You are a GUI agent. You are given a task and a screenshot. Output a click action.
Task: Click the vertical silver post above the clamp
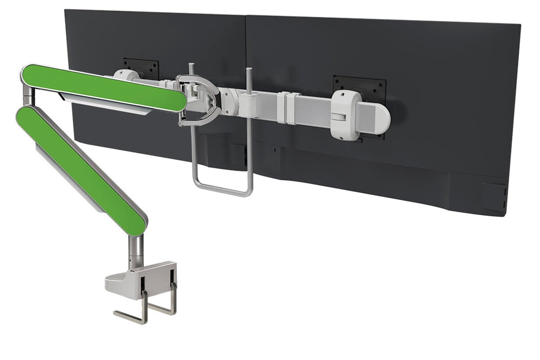(x=136, y=251)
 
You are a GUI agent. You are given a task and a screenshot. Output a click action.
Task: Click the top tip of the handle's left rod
(x=191, y=67)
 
